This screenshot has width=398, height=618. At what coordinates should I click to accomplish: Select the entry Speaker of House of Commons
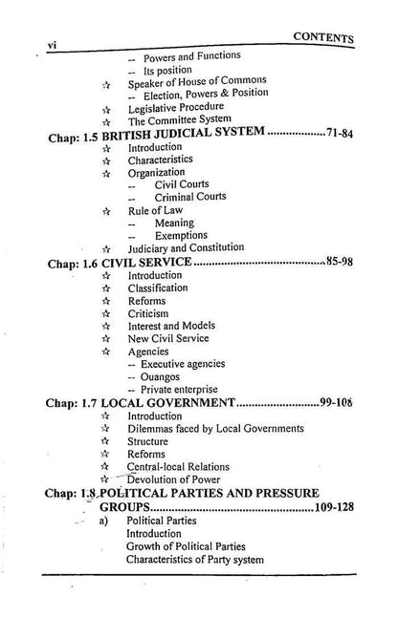coord(197,80)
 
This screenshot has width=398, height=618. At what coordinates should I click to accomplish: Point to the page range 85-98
coord(336,260)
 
